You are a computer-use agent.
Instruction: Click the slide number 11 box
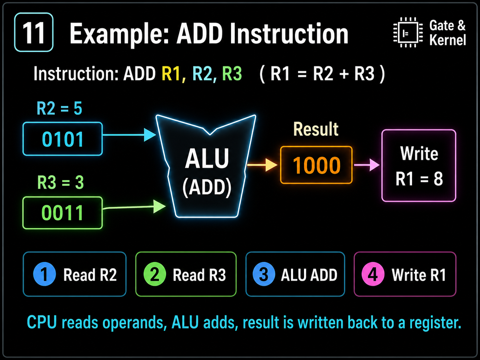tap(34, 32)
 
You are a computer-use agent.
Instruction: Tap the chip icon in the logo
tap(408, 32)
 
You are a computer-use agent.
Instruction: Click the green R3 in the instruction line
tap(232, 74)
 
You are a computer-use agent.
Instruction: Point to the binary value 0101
tap(63, 139)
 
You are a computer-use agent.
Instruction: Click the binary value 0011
tap(63, 213)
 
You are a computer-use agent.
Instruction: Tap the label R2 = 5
tap(59, 108)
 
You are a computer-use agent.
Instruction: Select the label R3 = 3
tap(60, 182)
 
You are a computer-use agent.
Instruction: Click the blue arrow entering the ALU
tap(129, 135)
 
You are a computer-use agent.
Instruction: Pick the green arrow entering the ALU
tap(134, 207)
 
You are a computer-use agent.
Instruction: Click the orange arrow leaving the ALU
tap(262, 165)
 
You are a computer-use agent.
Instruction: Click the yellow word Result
tap(316, 129)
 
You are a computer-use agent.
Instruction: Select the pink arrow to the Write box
tap(367, 165)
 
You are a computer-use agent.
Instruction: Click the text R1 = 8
tap(419, 179)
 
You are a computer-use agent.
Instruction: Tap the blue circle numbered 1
tap(44, 274)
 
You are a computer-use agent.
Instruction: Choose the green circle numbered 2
tap(154, 274)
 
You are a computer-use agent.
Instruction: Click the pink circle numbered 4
tap(373, 274)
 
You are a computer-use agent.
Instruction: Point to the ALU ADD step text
tap(309, 275)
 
